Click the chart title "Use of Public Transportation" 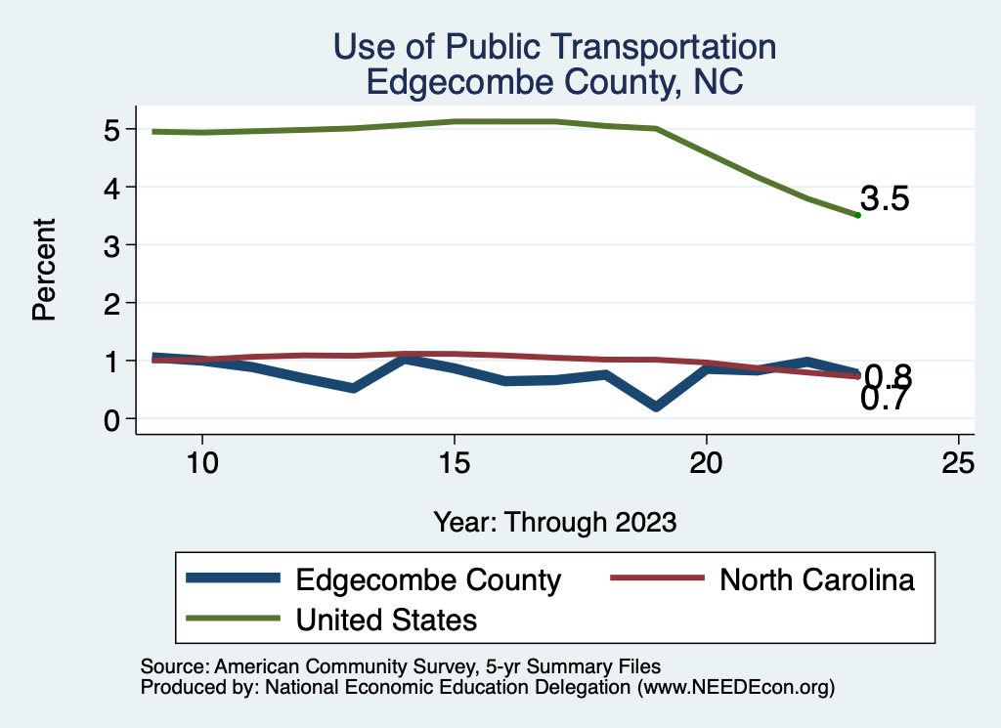pos(554,46)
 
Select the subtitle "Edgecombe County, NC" pos(554,82)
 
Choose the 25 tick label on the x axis pos(958,462)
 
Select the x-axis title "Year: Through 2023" pos(554,522)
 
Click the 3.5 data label pos(886,199)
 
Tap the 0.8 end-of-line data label pos(889,375)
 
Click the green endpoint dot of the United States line pos(857,215)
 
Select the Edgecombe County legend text pos(428,579)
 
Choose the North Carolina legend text pos(817,579)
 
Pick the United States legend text pos(386,619)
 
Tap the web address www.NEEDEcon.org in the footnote pos(737,688)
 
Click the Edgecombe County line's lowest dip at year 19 pos(656,407)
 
